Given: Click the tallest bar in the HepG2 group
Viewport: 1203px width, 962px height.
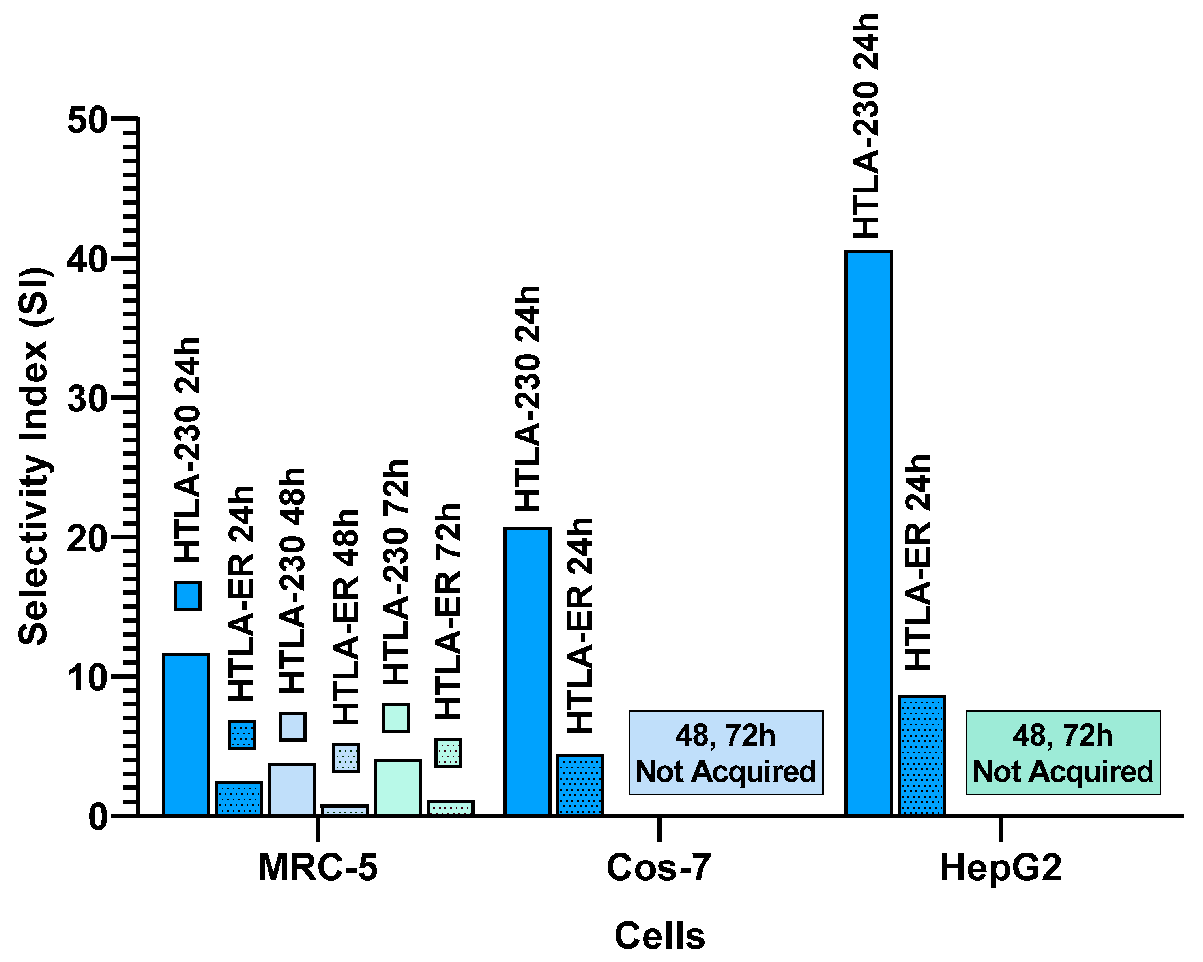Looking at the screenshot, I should point(868,533).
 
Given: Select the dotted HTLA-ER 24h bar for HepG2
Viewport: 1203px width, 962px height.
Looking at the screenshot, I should point(921,755).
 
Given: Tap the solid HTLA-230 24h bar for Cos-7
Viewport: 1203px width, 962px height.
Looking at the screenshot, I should point(527,672).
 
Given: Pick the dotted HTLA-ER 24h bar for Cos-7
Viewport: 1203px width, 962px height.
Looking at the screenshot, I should point(581,785).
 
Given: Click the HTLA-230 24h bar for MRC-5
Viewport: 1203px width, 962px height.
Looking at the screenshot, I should point(186,735).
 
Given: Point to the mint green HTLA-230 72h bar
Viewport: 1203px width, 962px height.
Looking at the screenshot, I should point(398,788).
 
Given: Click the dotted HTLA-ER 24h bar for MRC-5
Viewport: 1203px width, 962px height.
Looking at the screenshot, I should point(239,799).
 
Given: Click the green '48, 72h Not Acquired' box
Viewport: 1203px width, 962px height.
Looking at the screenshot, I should point(1063,753).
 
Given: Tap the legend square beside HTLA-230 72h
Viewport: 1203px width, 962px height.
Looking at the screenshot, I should point(396,718).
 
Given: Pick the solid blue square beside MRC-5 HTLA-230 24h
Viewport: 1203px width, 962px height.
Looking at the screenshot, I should point(187,596).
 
